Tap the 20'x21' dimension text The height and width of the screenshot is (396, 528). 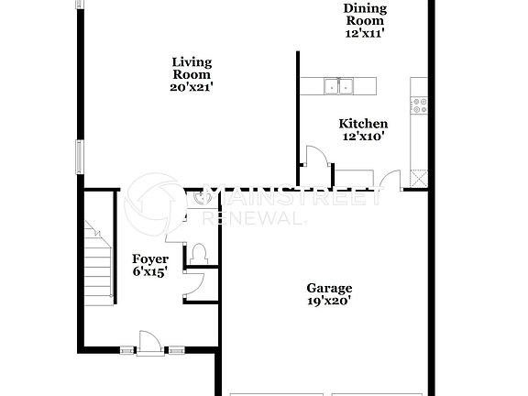pyautogui.click(x=192, y=88)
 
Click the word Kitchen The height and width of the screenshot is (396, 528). pyautogui.click(x=363, y=124)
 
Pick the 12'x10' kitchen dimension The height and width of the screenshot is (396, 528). pyautogui.click(x=363, y=137)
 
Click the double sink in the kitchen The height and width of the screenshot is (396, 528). pyautogui.click(x=338, y=87)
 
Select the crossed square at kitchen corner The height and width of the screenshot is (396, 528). pyautogui.click(x=418, y=178)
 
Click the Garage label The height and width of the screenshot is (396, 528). pyautogui.click(x=329, y=288)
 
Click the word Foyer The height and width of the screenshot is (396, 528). pyautogui.click(x=149, y=259)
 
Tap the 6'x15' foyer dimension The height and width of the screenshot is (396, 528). pyautogui.click(x=149, y=272)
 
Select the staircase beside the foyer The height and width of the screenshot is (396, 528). pyautogui.click(x=97, y=261)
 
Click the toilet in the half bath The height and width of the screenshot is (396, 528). pyautogui.click(x=199, y=254)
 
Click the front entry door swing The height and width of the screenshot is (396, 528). pyautogui.click(x=146, y=342)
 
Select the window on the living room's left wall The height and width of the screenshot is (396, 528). pyautogui.click(x=79, y=156)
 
